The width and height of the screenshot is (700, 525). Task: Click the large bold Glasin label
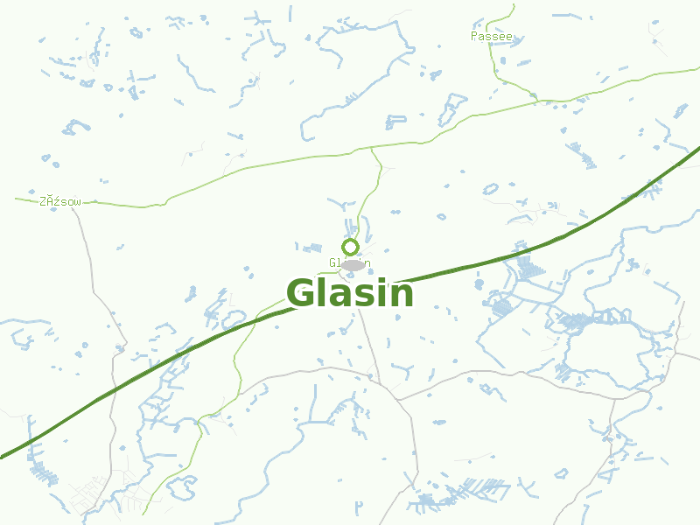350,294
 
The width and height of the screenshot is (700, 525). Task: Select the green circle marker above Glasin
351,247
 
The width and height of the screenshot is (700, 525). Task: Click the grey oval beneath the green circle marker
353,264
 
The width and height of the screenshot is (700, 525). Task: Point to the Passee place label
491,37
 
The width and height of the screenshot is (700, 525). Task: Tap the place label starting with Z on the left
59,201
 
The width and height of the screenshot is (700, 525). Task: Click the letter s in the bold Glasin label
357,297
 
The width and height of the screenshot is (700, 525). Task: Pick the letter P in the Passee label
474,37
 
